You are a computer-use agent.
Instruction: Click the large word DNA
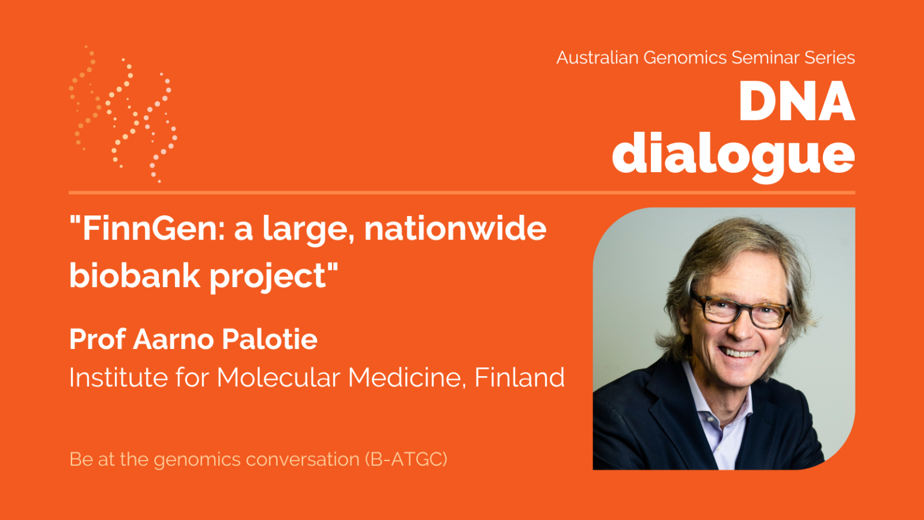[x=796, y=102]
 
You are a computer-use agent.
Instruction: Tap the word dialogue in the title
[x=733, y=155]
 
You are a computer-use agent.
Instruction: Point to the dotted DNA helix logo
[x=123, y=113]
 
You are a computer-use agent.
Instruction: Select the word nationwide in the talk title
[x=455, y=229]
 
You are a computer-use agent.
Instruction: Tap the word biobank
[x=134, y=276]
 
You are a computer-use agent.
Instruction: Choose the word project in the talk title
[x=268, y=277]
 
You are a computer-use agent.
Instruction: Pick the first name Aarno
[x=174, y=339]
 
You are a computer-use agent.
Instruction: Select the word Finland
[x=519, y=378]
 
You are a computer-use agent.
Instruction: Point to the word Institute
[x=118, y=378]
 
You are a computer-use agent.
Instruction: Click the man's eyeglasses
[x=741, y=309]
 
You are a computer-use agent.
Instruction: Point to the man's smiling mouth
[x=739, y=353]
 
